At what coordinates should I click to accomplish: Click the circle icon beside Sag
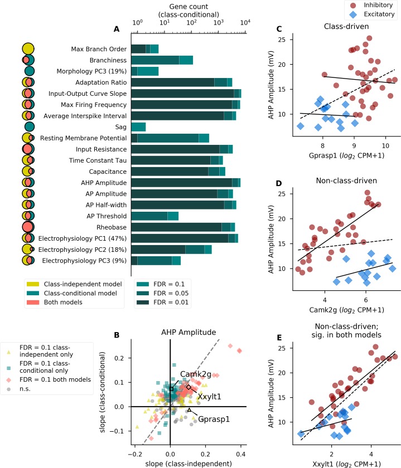pos(30,126)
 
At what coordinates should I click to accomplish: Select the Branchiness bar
pos(162,60)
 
